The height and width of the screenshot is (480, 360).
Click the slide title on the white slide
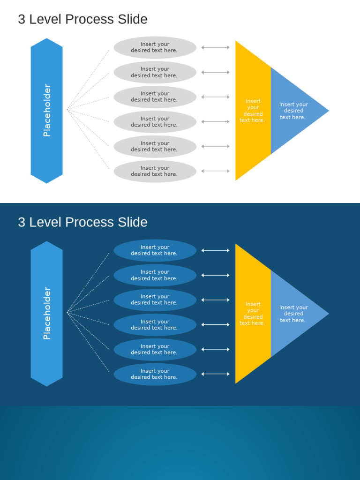pyautogui.click(x=82, y=19)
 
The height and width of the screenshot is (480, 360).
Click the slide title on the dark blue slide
pyautogui.click(x=82, y=222)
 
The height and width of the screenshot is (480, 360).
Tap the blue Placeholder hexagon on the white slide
pyautogui.click(x=46, y=111)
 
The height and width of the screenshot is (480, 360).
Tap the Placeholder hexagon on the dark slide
pyautogui.click(x=46, y=314)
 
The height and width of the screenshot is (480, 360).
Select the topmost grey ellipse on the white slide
pyautogui.click(x=155, y=47)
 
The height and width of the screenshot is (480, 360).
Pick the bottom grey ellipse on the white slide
pyautogui.click(x=155, y=171)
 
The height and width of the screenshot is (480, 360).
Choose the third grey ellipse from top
pyautogui.click(x=155, y=97)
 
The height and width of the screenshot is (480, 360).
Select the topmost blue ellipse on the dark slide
pyautogui.click(x=155, y=250)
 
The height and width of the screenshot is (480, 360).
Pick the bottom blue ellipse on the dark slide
pyautogui.click(x=155, y=374)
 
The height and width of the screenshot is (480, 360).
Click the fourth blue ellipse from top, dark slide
pyautogui.click(x=155, y=325)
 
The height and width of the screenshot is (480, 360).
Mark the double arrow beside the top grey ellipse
pyautogui.click(x=216, y=47)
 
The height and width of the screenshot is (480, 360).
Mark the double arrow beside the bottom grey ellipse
pyautogui.click(x=216, y=171)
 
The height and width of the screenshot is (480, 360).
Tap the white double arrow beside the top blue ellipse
pyautogui.click(x=216, y=251)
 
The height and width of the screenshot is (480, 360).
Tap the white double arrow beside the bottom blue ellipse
pyautogui.click(x=216, y=374)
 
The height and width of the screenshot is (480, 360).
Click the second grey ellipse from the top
pyautogui.click(x=155, y=72)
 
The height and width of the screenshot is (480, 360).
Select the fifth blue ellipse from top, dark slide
pyautogui.click(x=155, y=349)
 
